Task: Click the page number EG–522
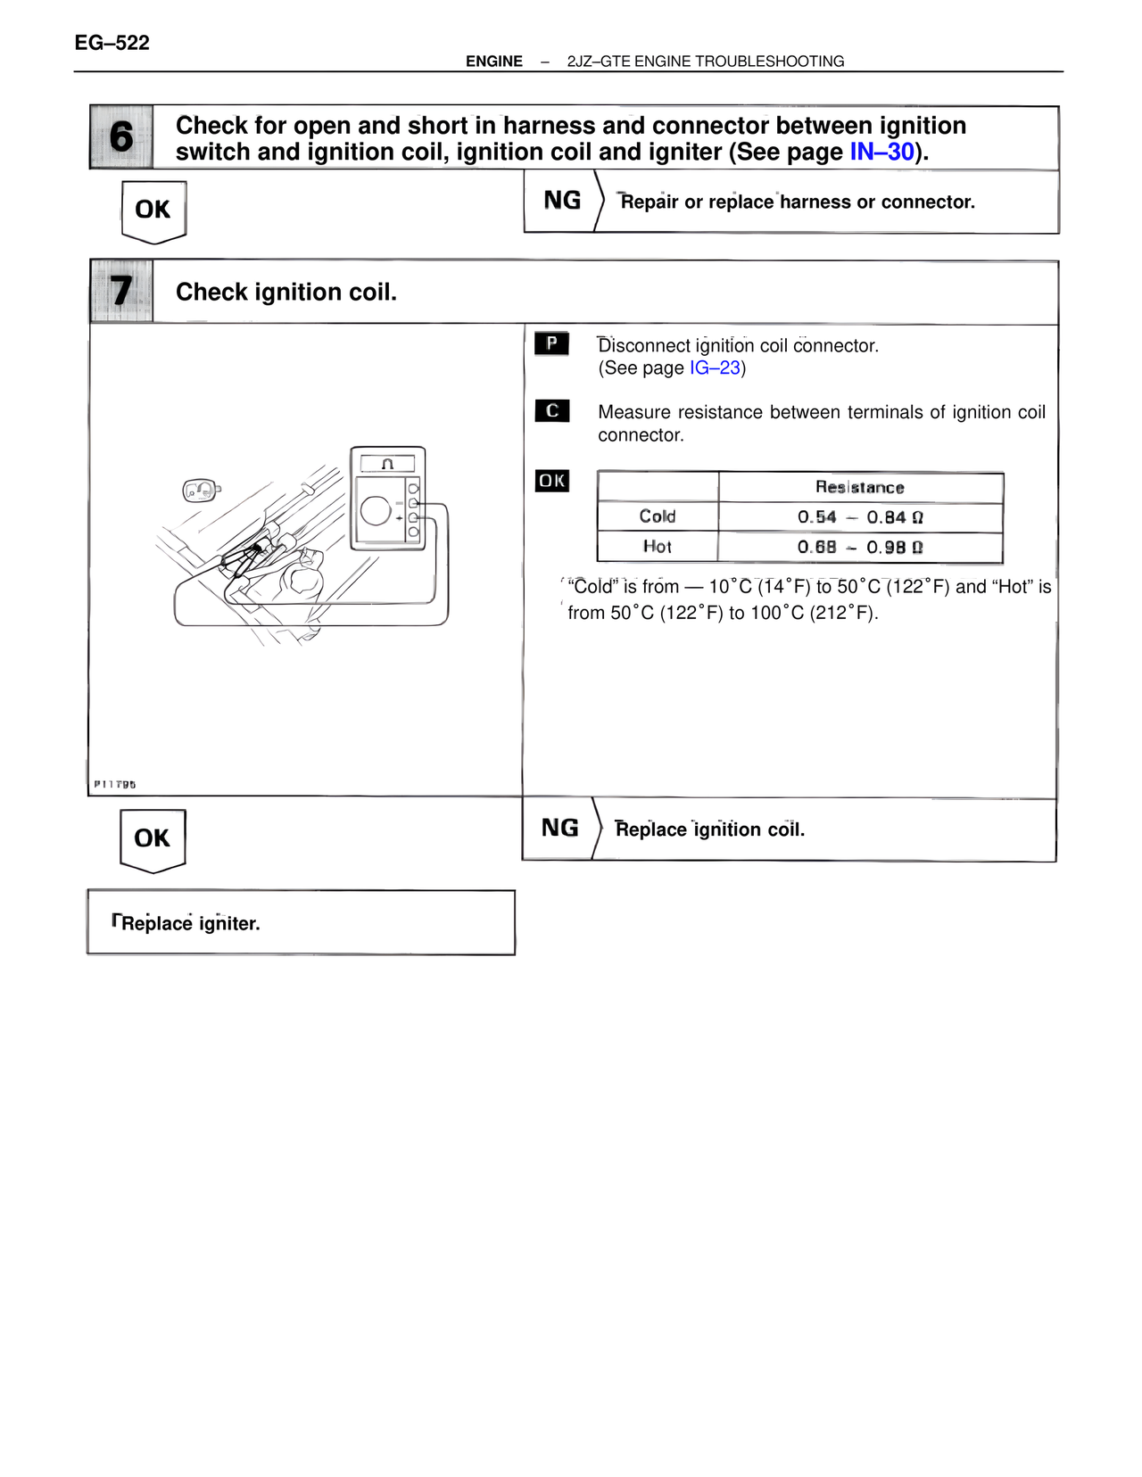[x=112, y=43]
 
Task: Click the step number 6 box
[x=121, y=137]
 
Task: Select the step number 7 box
[x=121, y=292]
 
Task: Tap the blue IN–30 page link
[x=881, y=153]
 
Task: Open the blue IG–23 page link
[x=715, y=368]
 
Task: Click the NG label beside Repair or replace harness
[x=561, y=201]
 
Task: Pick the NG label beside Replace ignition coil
[x=559, y=829]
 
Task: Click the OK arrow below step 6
[x=153, y=210]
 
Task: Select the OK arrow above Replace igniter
[x=152, y=838]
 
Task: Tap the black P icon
[x=551, y=343]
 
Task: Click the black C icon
[x=551, y=410]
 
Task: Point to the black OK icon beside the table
[x=551, y=481]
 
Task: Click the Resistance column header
[x=859, y=488]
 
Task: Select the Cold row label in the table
[x=658, y=517]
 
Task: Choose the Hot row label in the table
[x=658, y=547]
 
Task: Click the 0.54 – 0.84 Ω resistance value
[x=859, y=517]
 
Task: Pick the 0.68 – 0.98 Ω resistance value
[x=859, y=548]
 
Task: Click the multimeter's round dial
[x=376, y=511]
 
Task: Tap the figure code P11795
[x=115, y=785]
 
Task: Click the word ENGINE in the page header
[x=494, y=62]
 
